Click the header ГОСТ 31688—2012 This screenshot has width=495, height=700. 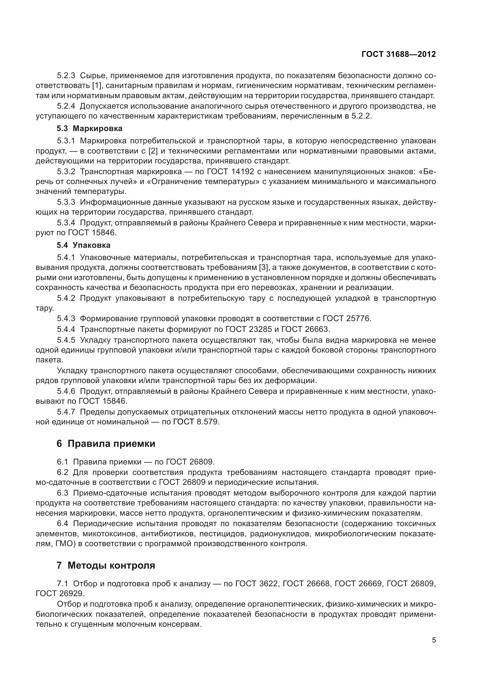[398, 54]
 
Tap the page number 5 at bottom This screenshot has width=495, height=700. [434, 640]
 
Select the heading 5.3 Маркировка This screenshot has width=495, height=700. [89, 128]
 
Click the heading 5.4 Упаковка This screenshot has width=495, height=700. [83, 245]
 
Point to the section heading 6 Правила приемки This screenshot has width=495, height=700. [106, 444]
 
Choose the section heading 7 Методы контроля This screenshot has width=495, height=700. [106, 566]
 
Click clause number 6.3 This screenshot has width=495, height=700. [63, 493]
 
